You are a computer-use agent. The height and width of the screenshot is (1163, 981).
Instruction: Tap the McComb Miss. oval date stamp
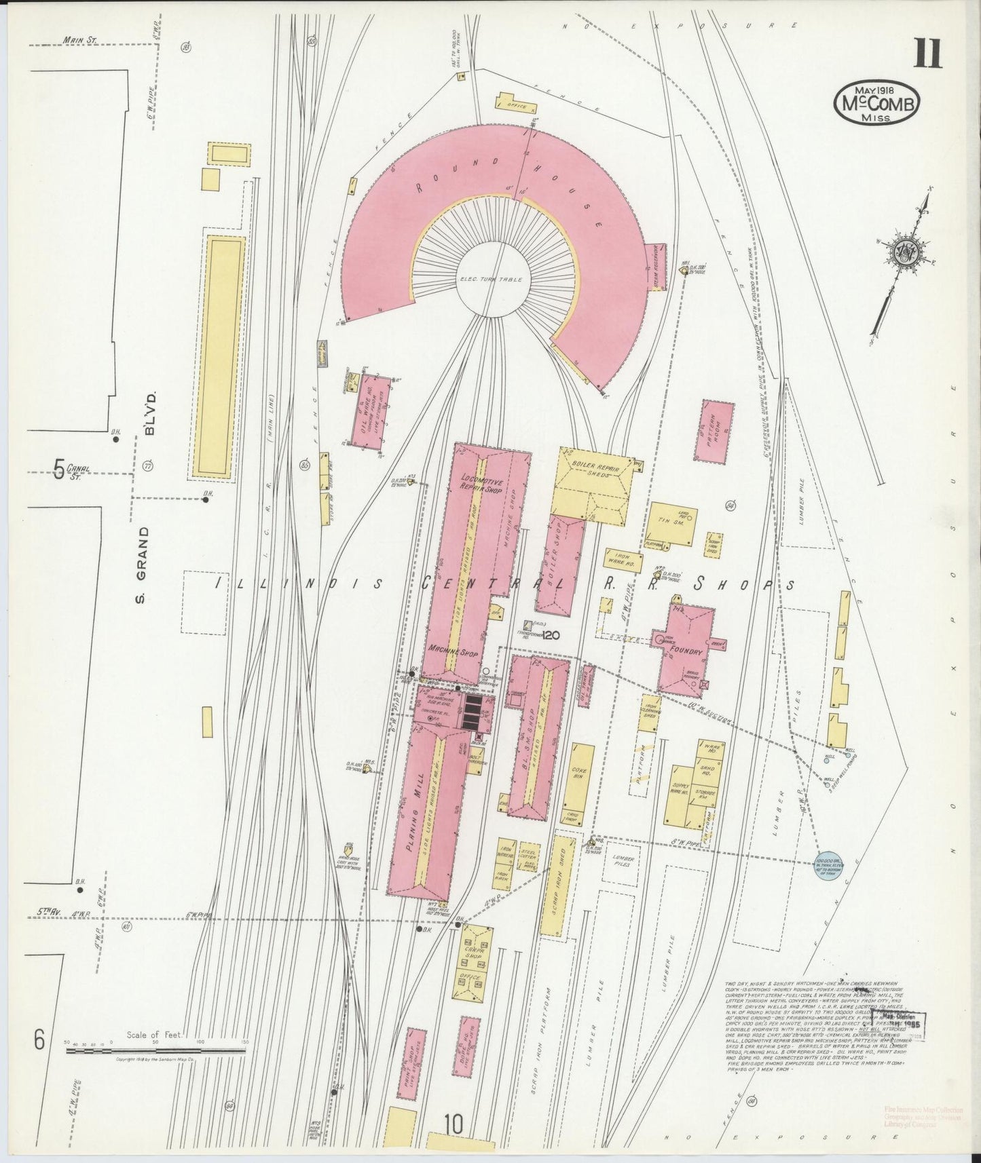[x=877, y=102]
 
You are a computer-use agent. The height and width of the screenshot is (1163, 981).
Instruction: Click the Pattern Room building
[x=714, y=430]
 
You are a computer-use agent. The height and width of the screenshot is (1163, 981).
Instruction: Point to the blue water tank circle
[x=831, y=865]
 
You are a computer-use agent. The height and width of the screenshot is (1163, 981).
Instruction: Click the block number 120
[x=551, y=635]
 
